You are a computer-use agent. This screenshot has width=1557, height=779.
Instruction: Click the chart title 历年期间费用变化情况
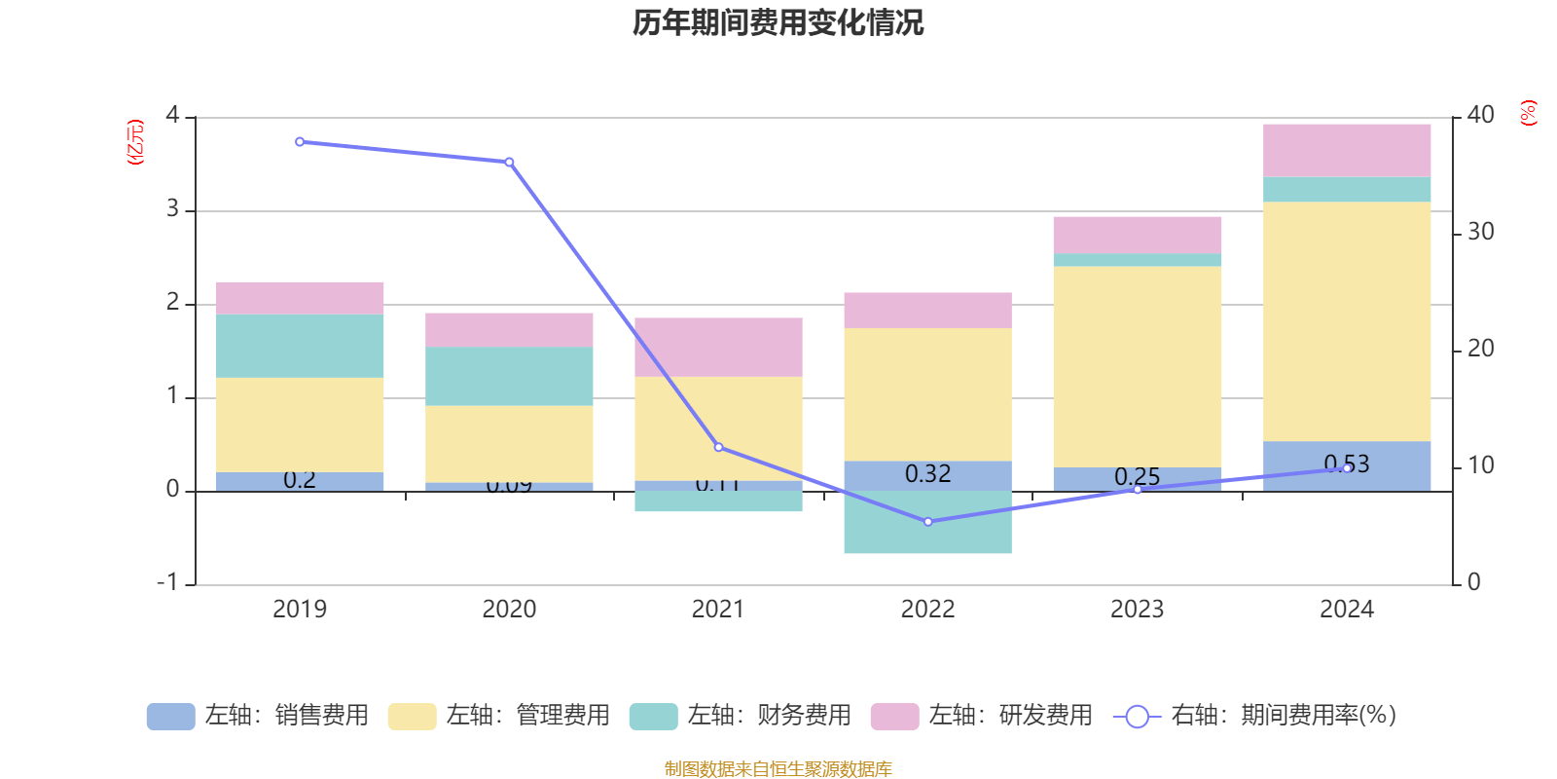[778, 22]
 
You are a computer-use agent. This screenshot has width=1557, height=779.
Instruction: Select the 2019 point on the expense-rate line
[300, 142]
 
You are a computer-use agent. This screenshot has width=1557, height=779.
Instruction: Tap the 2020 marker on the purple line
[509, 162]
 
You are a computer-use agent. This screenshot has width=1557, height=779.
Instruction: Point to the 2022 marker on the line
[927, 522]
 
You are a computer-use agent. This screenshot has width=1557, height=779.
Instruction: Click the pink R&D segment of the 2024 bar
[1347, 150]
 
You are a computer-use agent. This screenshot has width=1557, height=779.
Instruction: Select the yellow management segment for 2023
[1137, 366]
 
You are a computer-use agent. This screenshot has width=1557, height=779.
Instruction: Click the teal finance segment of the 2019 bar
[300, 346]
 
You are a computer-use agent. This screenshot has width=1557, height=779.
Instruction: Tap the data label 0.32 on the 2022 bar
[927, 474]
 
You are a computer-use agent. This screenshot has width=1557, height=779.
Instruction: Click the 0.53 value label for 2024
[1347, 464]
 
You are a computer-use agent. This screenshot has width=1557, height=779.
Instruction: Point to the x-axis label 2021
[718, 610]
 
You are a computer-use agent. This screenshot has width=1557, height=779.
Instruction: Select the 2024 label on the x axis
[1347, 610]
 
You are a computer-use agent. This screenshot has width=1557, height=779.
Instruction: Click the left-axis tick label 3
[173, 209]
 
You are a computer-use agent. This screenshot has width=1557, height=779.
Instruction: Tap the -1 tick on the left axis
[167, 582]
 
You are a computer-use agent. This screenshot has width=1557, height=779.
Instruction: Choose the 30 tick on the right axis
[1480, 232]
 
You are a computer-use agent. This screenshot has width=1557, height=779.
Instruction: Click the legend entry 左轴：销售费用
[258, 716]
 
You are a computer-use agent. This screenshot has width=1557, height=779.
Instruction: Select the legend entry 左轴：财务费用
[741, 716]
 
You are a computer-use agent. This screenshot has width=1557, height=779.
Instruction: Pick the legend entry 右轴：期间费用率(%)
[1255, 716]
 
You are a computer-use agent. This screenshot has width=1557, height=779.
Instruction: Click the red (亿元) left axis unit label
[135, 142]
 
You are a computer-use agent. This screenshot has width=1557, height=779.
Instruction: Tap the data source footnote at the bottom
[778, 769]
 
